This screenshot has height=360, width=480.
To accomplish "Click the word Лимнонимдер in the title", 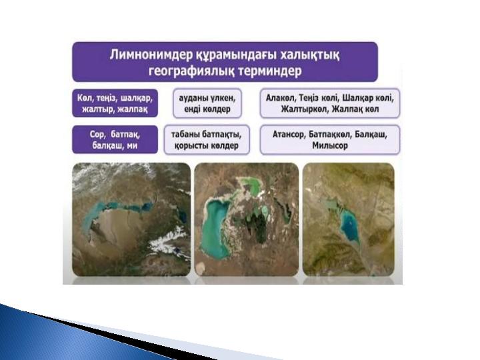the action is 150,55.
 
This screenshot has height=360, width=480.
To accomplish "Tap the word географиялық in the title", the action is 191,71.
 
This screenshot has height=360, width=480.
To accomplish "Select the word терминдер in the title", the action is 270,71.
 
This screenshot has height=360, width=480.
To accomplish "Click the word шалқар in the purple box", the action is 136,99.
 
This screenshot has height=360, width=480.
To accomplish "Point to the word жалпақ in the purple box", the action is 133,109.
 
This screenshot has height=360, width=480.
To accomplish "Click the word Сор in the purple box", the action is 97,135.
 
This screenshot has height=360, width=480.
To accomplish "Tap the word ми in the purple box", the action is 133,145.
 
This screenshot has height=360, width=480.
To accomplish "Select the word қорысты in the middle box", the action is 190,145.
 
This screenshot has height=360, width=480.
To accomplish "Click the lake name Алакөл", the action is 279,98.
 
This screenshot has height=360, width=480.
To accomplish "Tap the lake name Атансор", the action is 289,135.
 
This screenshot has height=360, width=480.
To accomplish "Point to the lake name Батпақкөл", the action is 329,135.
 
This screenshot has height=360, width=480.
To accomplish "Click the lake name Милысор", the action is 330,145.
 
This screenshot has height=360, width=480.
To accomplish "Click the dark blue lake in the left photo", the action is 183,216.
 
